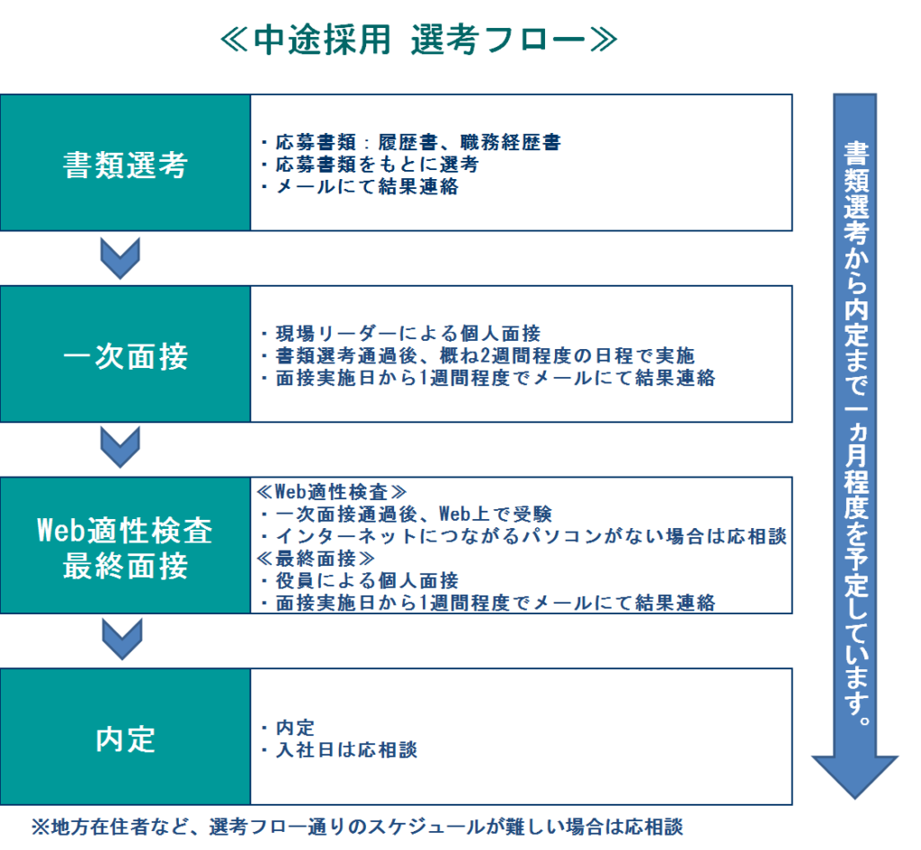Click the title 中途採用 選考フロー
pyautogui.click(x=419, y=41)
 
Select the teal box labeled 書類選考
pyautogui.click(x=125, y=163)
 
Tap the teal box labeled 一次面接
pyautogui.click(x=125, y=354)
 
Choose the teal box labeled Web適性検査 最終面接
pyautogui.click(x=125, y=546)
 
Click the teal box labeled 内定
pyautogui.click(x=125, y=738)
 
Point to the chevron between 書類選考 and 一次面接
pyautogui.click(x=120, y=258)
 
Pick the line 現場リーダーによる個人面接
pyautogui.click(x=399, y=332)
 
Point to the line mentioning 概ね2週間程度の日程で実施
pyautogui.click(x=477, y=354)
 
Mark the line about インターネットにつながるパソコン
pyautogui.click(x=523, y=536)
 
